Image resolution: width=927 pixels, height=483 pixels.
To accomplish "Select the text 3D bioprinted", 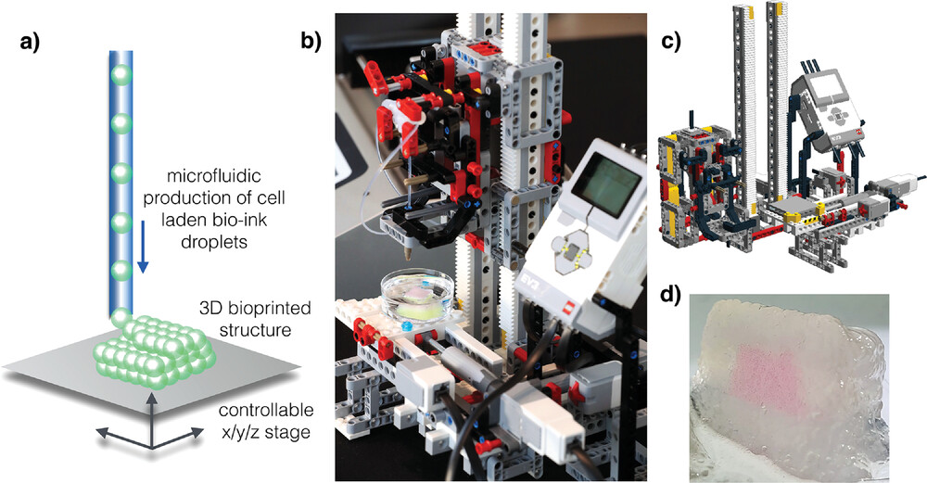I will pyautogui.click(x=248, y=307).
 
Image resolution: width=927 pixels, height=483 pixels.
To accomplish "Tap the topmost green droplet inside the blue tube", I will pyautogui.click(x=118, y=73).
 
